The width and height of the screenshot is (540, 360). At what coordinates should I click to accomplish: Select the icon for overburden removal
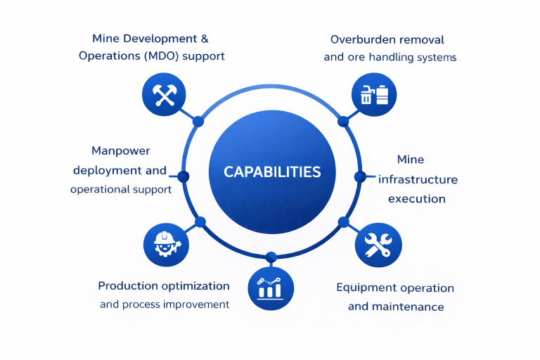373,94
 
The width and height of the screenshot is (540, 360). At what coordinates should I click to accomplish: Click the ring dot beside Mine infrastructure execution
359,176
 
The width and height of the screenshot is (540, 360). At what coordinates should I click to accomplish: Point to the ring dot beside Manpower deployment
184,176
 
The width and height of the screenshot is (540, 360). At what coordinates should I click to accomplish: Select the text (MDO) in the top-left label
158,56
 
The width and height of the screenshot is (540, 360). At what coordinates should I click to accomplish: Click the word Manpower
121,151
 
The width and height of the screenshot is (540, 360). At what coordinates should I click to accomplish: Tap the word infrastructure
418,179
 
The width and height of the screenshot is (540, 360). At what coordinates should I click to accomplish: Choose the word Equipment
367,288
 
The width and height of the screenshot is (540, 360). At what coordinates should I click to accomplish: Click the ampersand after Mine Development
204,38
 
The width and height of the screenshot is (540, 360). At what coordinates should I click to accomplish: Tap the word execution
416,198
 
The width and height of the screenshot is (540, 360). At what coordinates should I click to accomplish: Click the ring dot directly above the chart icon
271,257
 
